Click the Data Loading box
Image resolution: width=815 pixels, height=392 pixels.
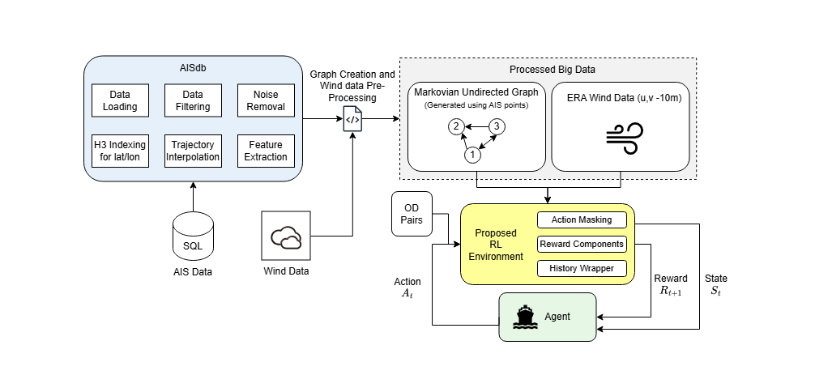(120, 100)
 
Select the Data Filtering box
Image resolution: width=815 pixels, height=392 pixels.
(193, 100)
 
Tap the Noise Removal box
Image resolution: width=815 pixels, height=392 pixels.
(266, 100)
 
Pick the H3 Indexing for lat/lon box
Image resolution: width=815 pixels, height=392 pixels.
(120, 151)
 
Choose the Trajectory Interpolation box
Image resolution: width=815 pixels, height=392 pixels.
(193, 151)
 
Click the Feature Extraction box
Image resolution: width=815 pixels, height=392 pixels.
(266, 151)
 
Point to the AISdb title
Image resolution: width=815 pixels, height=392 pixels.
(193, 69)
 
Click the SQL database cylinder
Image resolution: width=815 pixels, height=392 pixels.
(194, 236)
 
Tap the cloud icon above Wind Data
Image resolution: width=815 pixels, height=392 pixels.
(286, 238)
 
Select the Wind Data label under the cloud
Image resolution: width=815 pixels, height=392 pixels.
(286, 271)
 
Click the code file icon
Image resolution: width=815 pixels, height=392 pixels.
(352, 118)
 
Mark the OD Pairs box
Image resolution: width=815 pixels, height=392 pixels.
(412, 214)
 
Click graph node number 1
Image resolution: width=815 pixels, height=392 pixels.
(473, 154)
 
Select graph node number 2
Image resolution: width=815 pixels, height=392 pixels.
(456, 126)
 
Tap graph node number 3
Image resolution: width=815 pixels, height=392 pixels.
(497, 126)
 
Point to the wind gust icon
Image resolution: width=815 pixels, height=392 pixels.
(624, 137)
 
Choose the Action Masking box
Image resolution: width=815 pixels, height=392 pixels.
(582, 219)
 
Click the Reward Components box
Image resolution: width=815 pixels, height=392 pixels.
(582, 244)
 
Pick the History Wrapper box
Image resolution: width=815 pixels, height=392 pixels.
(582, 268)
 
